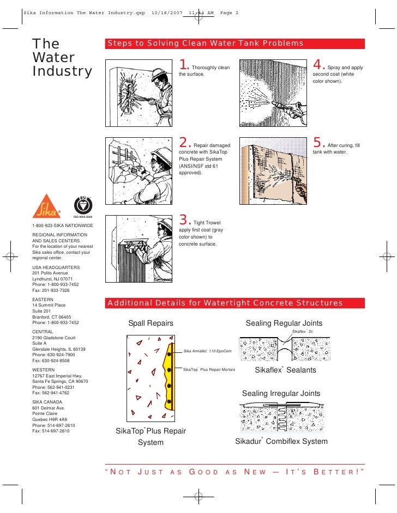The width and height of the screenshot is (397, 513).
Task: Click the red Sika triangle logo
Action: pos(46,207)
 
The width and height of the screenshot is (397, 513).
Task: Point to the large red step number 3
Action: pos(183,221)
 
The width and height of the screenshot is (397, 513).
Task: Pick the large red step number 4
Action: pos(317,65)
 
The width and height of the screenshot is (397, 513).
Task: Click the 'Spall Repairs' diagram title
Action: pos(151,323)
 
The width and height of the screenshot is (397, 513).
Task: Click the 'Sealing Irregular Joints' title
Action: pos(281,393)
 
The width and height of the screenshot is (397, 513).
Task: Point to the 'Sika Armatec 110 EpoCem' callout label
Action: pos(207,351)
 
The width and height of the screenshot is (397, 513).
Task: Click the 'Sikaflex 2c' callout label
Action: pos(303,331)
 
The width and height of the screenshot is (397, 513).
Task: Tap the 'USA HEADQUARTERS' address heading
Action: pos(56,267)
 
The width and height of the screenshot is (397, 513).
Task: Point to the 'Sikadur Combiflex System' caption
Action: pos(281,441)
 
